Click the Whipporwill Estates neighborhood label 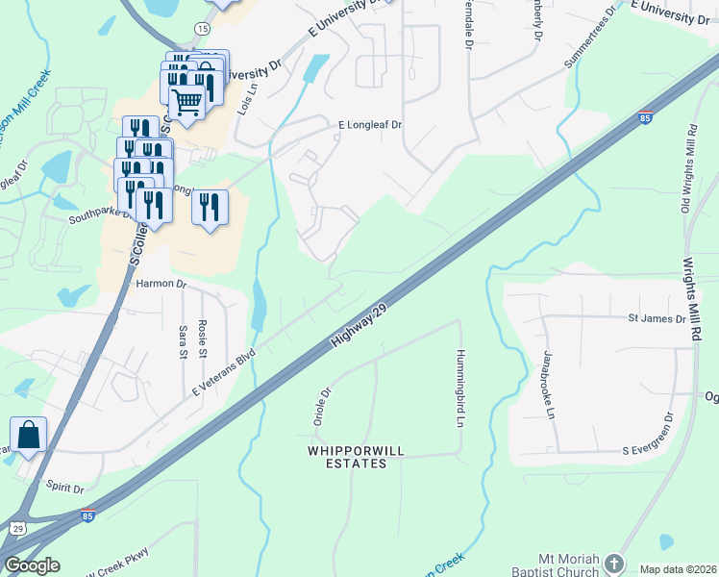point(347,457)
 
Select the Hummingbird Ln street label point(460,388)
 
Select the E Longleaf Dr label point(370,125)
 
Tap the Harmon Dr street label point(160,284)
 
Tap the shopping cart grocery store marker point(186,99)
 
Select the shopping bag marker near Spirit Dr point(29,434)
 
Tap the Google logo point(32,565)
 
